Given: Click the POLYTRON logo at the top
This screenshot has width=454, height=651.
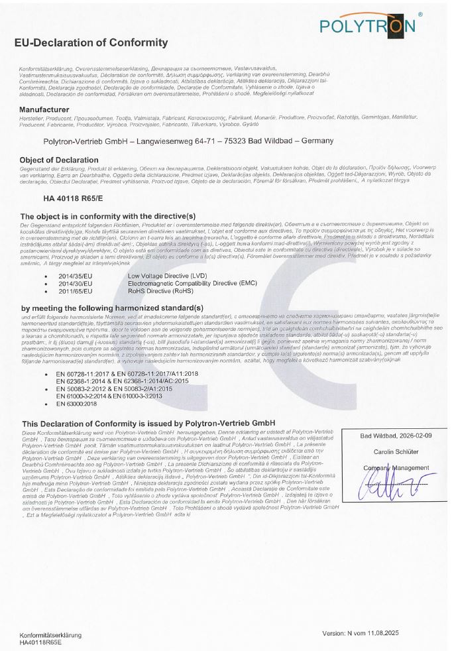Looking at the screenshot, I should point(367,25).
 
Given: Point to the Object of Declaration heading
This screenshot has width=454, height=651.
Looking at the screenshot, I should point(59,160).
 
